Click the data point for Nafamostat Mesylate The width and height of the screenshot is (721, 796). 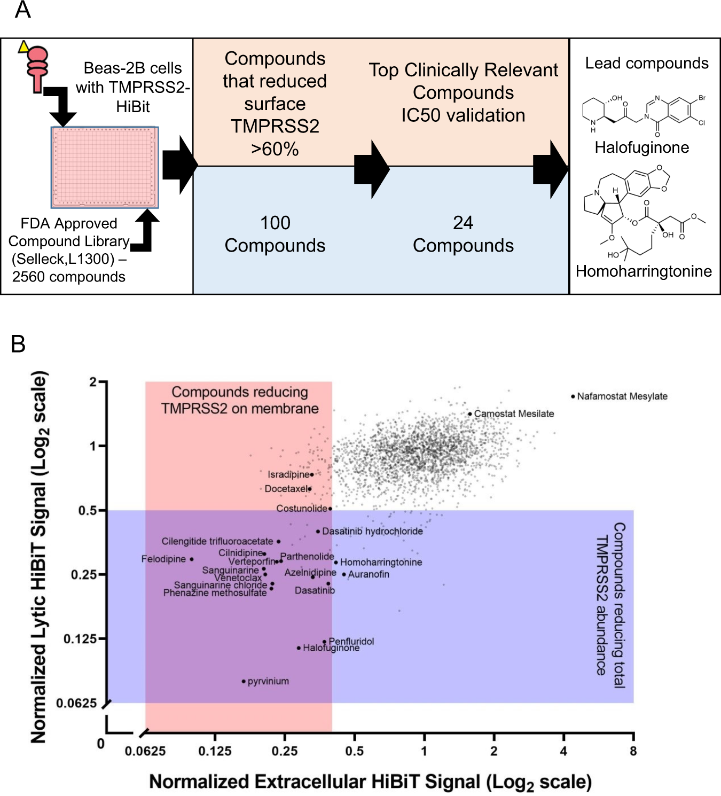[573, 396]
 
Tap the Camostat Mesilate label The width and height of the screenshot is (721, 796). [514, 413]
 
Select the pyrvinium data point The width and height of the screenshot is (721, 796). [244, 681]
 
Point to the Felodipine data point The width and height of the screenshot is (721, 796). [191, 559]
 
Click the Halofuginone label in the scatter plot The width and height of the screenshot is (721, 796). [331, 648]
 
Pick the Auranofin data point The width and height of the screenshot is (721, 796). [344, 575]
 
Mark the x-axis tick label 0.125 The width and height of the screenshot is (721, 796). [215, 751]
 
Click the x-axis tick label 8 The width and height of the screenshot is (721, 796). [633, 751]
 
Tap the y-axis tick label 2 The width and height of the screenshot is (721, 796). [93, 382]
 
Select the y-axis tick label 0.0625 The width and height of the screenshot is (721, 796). [76, 703]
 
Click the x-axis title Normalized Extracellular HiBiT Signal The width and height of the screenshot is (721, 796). [370, 782]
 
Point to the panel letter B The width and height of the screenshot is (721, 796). [18, 344]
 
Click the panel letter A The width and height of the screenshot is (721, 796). [22, 10]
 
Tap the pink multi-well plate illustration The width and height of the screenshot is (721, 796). [105, 167]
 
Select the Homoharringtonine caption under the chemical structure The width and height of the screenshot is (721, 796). [644, 271]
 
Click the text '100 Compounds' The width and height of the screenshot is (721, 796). [275, 234]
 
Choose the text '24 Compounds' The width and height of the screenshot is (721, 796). [463, 234]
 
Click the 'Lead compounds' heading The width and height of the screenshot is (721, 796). [647, 63]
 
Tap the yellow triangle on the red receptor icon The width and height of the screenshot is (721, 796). [23, 47]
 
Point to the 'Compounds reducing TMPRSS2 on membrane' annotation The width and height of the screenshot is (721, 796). [240, 400]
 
